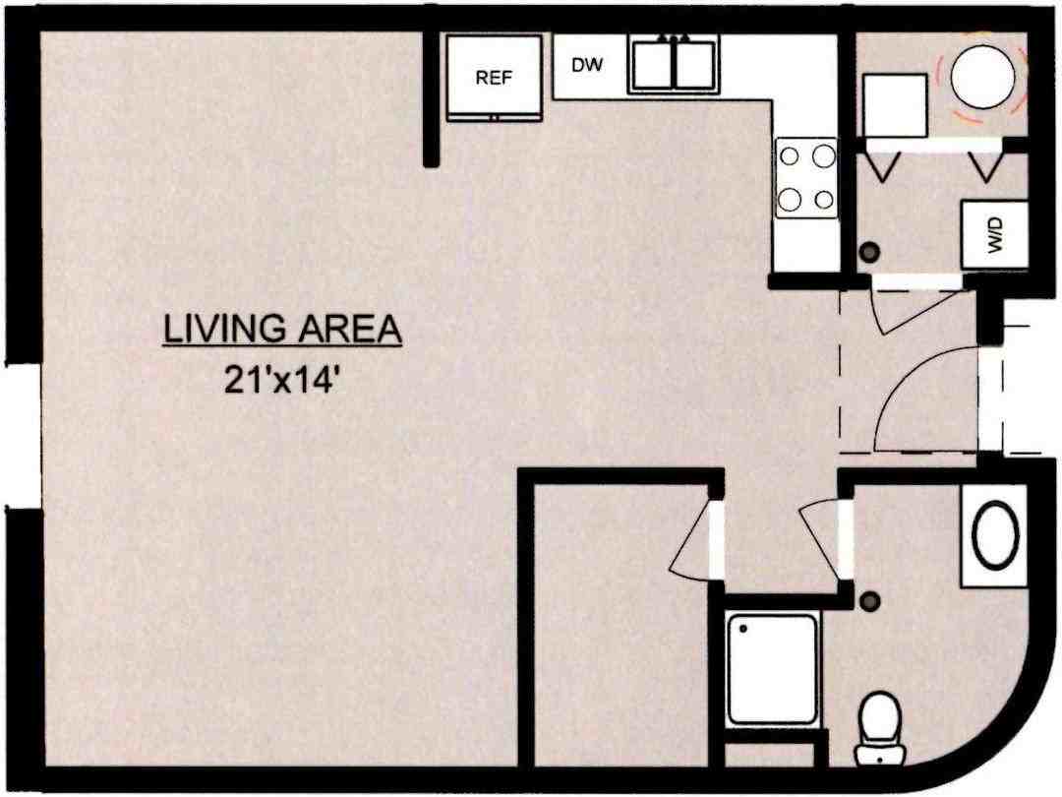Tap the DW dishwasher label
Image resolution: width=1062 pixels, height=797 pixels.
point(587,65)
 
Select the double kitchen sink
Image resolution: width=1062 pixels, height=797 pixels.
point(673,64)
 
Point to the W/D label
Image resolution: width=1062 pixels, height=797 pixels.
point(994,236)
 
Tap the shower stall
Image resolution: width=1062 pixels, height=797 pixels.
point(773,668)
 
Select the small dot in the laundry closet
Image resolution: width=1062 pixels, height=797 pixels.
point(868,253)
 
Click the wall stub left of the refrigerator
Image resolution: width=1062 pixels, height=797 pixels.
point(431,98)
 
